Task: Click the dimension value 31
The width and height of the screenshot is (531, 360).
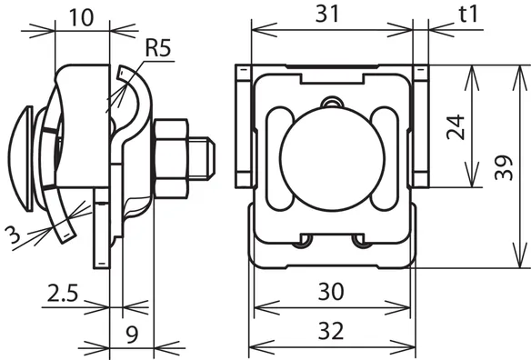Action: click(x=327, y=15)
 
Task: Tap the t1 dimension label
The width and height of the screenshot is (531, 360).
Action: click(x=468, y=15)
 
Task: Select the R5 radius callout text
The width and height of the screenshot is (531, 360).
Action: click(x=158, y=48)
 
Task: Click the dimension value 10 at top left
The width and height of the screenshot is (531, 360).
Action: click(x=82, y=17)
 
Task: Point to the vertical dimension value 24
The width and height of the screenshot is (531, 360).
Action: click(x=456, y=127)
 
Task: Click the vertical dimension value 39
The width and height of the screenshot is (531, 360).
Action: click(x=504, y=167)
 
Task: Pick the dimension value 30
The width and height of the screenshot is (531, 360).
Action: click(x=331, y=291)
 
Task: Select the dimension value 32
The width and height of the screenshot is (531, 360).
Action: click(x=331, y=331)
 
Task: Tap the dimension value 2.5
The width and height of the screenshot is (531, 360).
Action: click(x=63, y=294)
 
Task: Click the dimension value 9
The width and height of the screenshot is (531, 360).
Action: click(x=132, y=335)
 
